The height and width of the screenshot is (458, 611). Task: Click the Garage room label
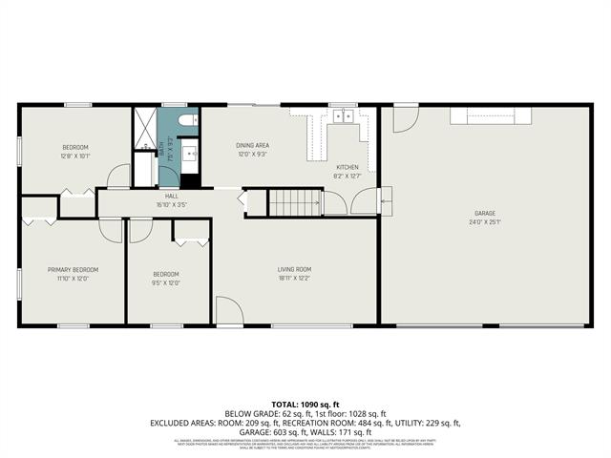click(x=485, y=213)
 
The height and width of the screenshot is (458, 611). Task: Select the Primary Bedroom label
click(x=74, y=270)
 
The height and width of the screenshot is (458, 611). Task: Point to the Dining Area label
click(x=252, y=144)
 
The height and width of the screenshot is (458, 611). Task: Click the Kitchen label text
click(x=348, y=167)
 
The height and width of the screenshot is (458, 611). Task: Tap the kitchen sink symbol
click(x=343, y=117)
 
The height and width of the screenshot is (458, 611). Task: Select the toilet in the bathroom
click(x=187, y=120)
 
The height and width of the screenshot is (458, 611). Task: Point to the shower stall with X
click(x=142, y=128)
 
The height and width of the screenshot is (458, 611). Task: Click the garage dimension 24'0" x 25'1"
click(x=485, y=222)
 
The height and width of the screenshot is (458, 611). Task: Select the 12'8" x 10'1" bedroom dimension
click(x=75, y=156)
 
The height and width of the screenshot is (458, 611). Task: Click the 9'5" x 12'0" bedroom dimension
click(x=166, y=282)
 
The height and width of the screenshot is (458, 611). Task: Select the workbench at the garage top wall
click(x=491, y=114)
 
